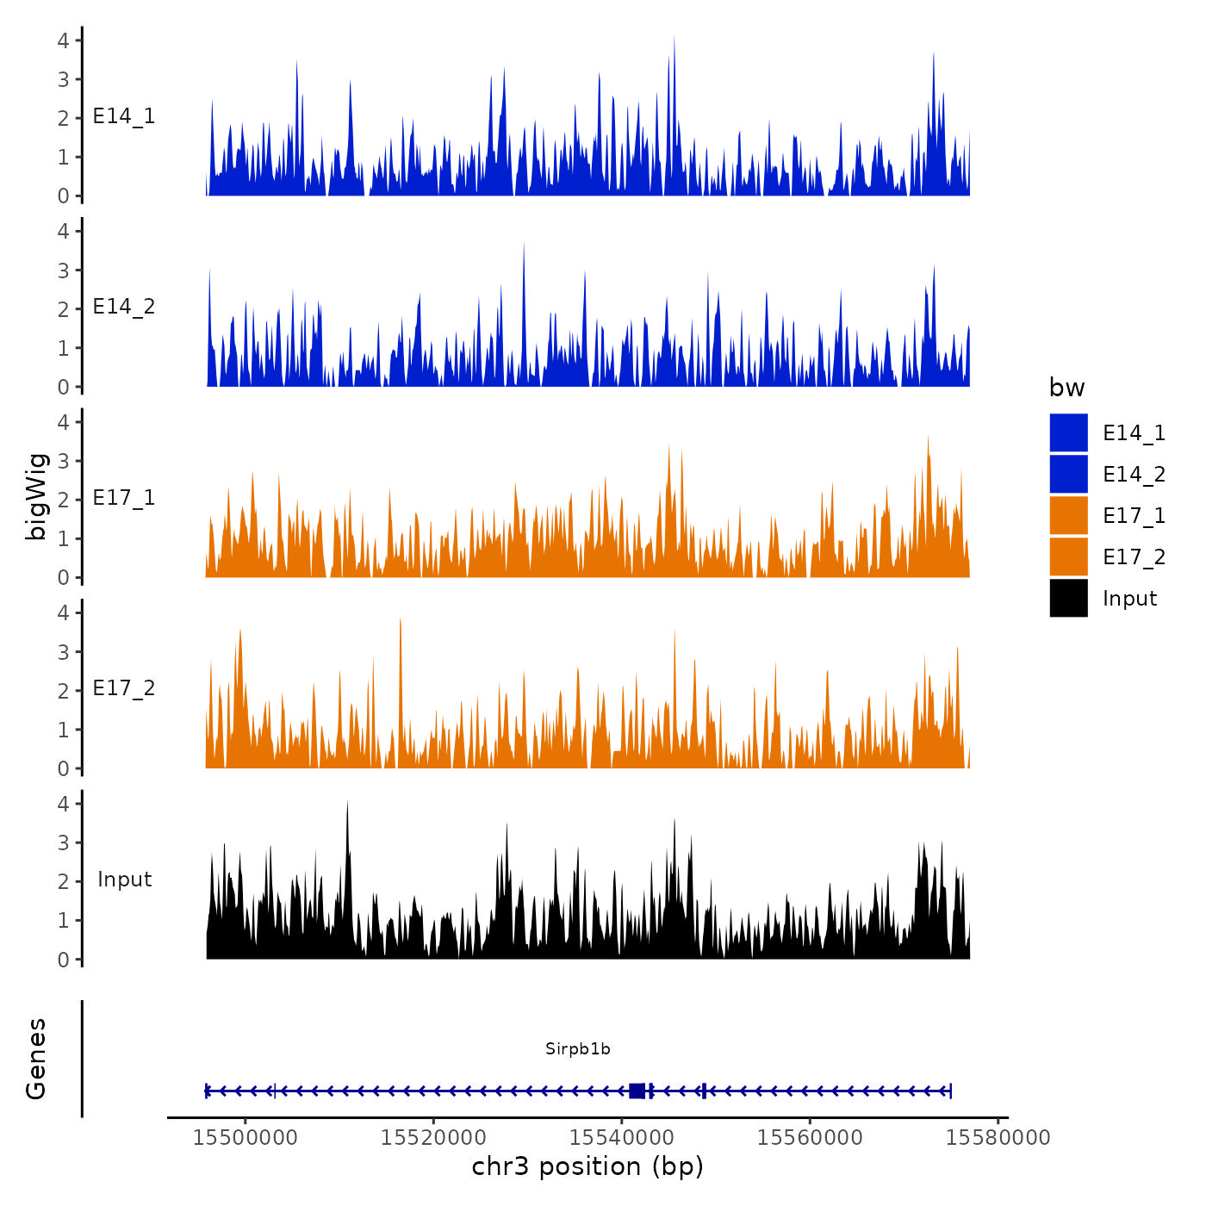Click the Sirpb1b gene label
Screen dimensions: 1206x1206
coord(577,1048)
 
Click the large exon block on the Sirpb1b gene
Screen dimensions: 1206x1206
coord(637,1091)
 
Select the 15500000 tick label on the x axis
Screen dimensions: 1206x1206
coord(246,1137)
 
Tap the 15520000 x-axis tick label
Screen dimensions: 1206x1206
coord(433,1137)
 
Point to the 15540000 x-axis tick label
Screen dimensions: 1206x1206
coord(622,1137)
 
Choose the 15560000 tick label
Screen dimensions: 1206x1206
coord(810,1137)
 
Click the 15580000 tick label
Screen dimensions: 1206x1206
coord(998,1137)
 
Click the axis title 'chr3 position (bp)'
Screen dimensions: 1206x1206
coord(587,1166)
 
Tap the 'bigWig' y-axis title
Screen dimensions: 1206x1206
coord(37,496)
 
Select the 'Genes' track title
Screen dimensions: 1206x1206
coord(37,1059)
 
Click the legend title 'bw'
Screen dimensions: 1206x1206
coord(1066,388)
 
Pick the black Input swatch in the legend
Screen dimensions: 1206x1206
coord(1068,598)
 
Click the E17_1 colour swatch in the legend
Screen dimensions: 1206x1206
coord(1068,515)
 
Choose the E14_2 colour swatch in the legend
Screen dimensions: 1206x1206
coord(1068,474)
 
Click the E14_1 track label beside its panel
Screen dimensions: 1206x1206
coord(124,116)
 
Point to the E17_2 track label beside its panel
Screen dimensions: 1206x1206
coord(124,688)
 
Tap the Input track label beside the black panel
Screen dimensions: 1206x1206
coord(124,880)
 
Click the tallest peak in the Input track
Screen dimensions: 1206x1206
coord(347,803)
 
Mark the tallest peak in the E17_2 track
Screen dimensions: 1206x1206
coord(401,620)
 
